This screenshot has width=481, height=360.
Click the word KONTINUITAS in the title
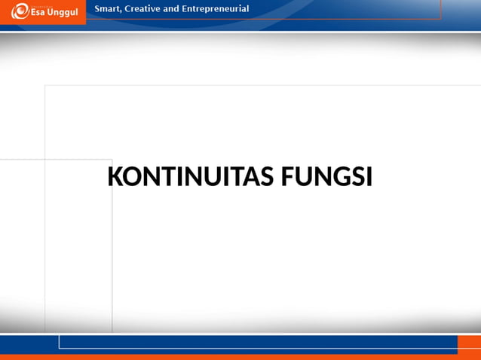click(x=191, y=178)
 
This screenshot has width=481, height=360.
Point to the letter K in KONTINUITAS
click(x=115, y=178)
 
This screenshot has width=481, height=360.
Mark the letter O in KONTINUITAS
click(x=131, y=178)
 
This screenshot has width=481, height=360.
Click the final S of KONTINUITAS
click(x=268, y=178)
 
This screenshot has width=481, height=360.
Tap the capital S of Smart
click(x=96, y=8)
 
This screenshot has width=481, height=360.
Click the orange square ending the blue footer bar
click(x=468, y=345)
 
